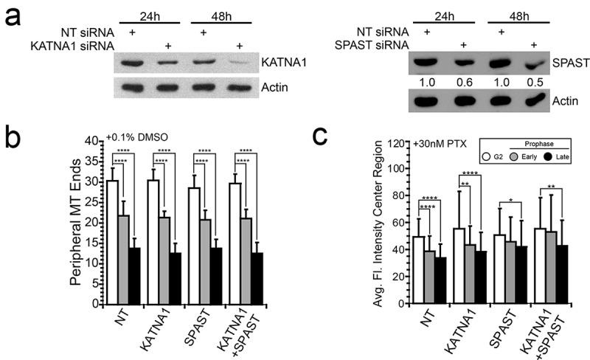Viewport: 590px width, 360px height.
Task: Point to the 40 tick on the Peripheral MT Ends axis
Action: [x=94, y=140]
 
